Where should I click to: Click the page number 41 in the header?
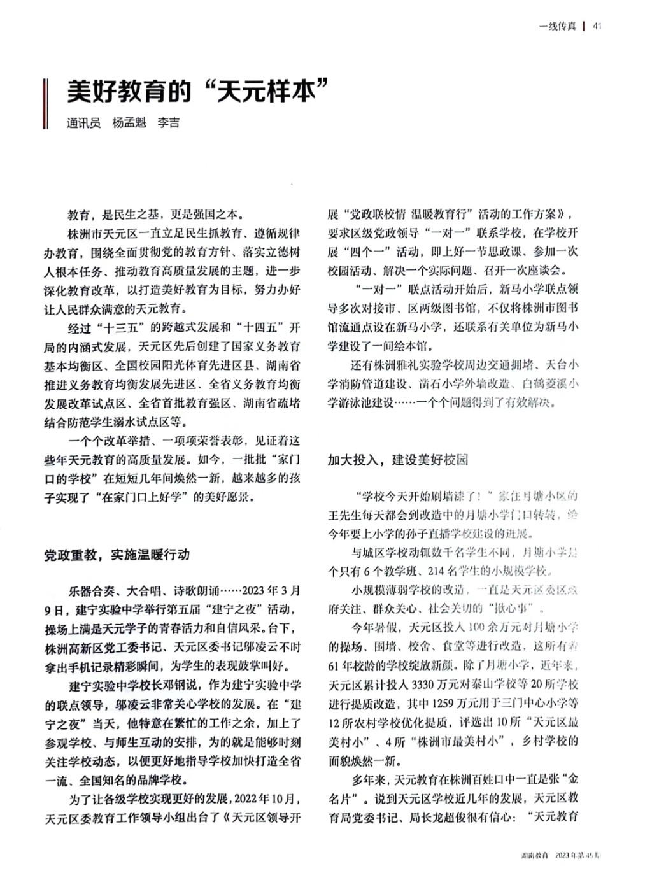597,26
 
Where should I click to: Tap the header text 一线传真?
557,26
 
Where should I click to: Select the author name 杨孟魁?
129,123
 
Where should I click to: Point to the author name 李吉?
169,123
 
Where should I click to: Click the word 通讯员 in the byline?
83,123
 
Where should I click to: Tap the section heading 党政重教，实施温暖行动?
117,555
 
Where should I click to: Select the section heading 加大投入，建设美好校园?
398,460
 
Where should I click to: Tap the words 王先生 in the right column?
344,514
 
